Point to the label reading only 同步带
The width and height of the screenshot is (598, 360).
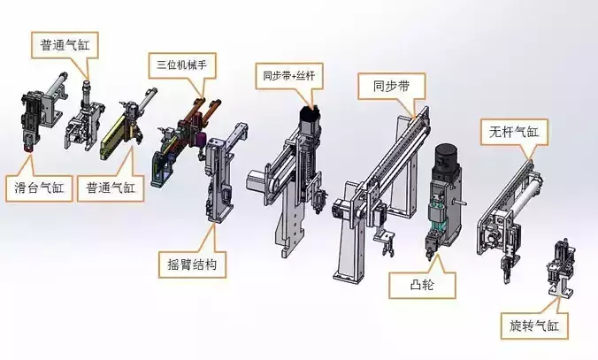pos(389,87)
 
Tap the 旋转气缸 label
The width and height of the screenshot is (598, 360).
pos(533,325)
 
